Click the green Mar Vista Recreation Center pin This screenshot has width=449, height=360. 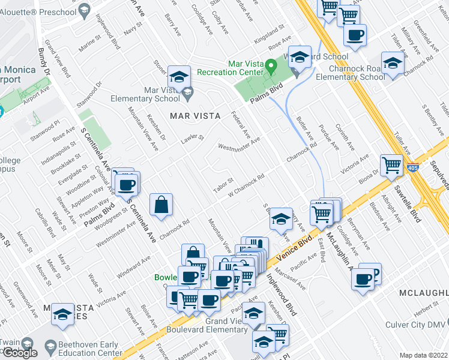(x=271, y=64)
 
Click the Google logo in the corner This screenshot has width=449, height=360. (x=19, y=353)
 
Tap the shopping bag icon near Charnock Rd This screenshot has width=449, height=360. (x=161, y=205)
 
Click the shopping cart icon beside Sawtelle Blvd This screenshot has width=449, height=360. (x=391, y=164)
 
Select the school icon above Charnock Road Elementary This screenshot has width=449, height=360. (x=393, y=63)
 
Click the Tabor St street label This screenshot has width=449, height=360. (x=223, y=183)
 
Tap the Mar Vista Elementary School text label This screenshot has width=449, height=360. (x=145, y=95)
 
